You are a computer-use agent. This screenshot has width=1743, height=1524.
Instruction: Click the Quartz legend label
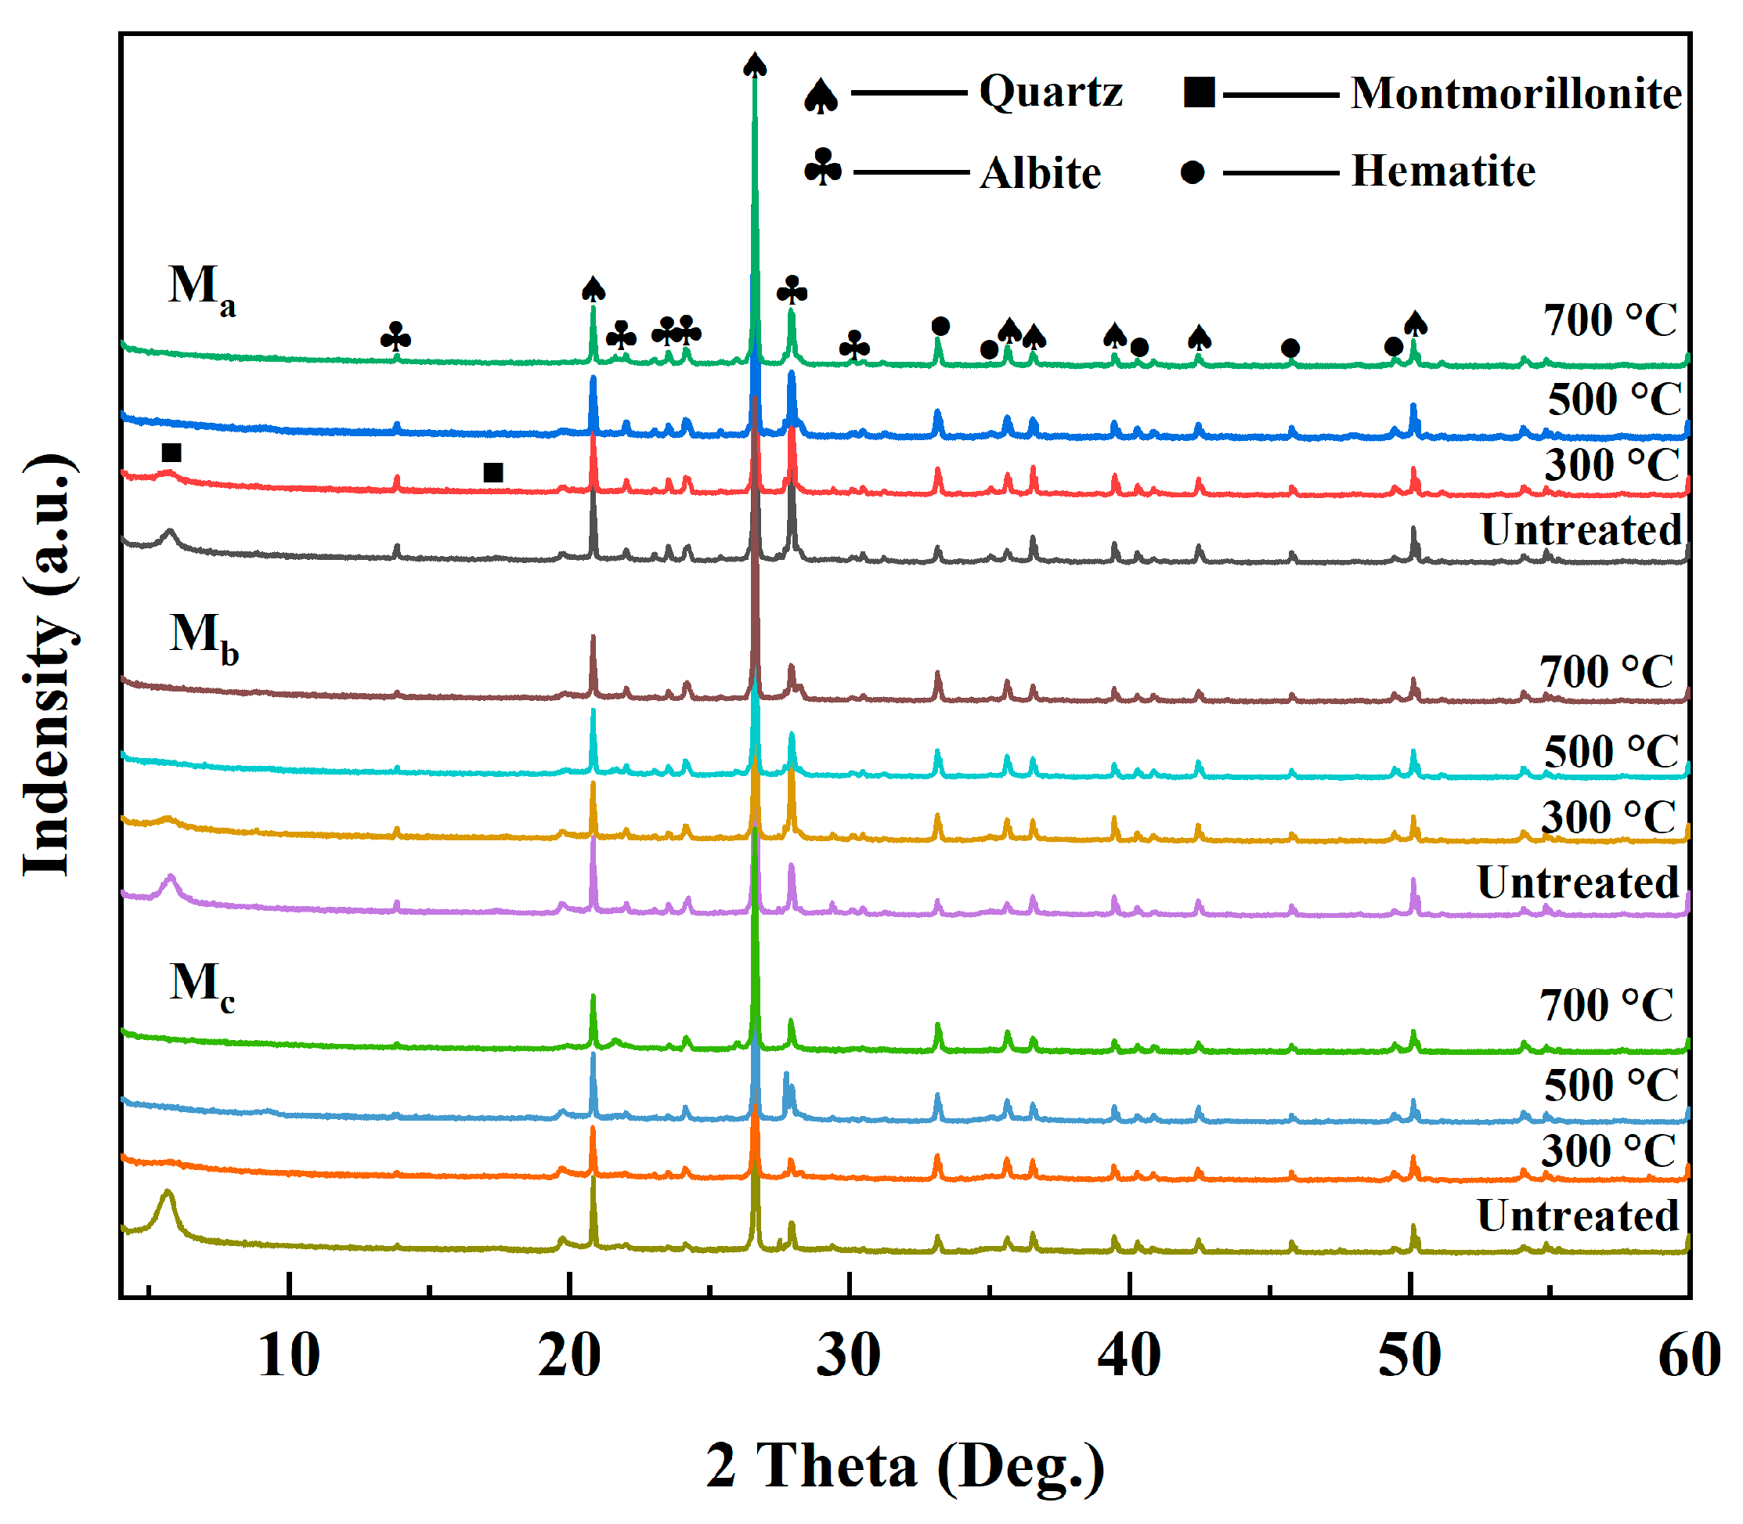[1050, 91]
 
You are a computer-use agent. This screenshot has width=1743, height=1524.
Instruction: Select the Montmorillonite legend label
[1516, 92]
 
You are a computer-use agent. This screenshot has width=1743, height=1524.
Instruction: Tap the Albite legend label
[1040, 172]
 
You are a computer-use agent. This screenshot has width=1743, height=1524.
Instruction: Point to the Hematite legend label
[1443, 171]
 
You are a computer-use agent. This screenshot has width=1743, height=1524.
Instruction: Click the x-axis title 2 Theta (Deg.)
[904, 1465]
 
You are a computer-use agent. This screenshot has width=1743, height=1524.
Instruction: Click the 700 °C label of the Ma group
[1610, 320]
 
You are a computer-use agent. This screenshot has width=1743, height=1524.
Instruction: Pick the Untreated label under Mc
[1577, 1215]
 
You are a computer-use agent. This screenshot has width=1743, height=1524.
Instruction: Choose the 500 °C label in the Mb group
[1611, 751]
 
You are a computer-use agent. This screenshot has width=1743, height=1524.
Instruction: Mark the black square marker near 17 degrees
[493, 472]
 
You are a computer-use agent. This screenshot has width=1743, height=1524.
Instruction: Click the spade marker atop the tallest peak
[755, 65]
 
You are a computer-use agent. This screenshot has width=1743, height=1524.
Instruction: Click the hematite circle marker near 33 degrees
[940, 327]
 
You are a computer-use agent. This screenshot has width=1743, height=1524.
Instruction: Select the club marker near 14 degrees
[395, 338]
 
